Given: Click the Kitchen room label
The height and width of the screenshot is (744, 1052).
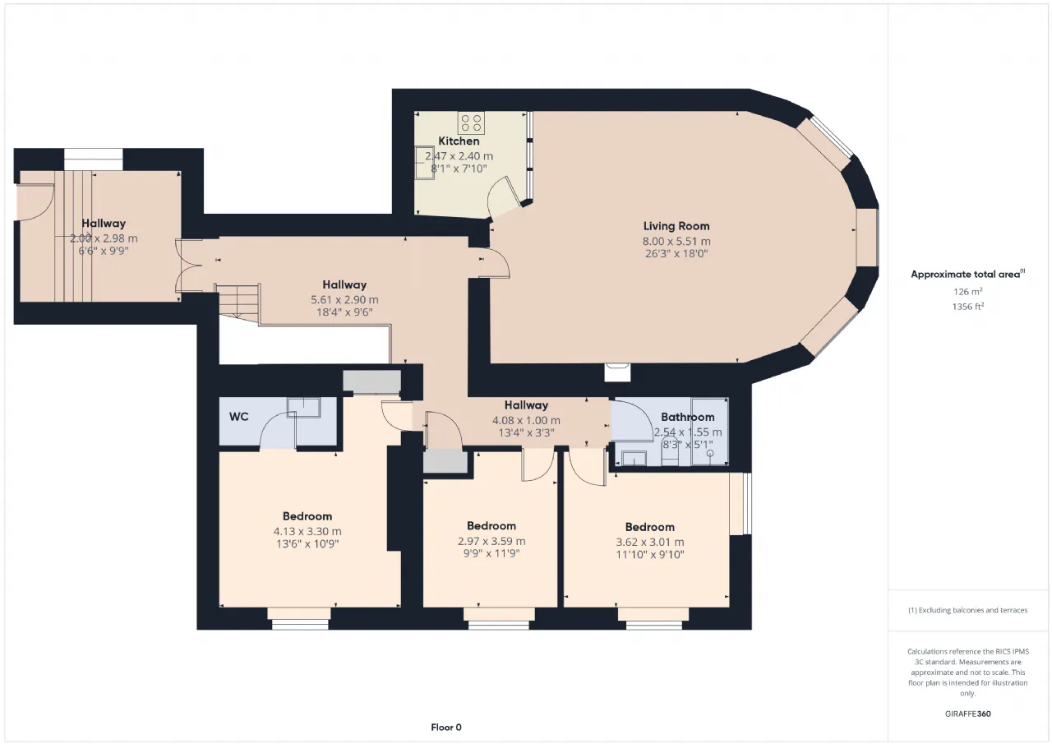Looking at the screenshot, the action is pyautogui.click(x=459, y=141).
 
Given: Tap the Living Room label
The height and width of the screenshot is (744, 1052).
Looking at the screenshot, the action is pyautogui.click(x=676, y=226).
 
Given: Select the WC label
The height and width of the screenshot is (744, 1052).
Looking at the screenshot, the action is pyautogui.click(x=239, y=417).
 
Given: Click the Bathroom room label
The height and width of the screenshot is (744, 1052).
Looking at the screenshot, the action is pyautogui.click(x=688, y=417).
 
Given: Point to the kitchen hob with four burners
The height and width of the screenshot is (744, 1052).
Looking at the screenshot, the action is pyautogui.click(x=471, y=123).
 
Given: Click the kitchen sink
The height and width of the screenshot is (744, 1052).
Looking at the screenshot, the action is pyautogui.click(x=425, y=163).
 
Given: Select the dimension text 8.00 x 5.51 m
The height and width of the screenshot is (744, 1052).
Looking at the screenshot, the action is pyautogui.click(x=676, y=242).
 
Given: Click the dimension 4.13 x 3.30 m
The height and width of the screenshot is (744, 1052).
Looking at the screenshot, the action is pyautogui.click(x=307, y=531).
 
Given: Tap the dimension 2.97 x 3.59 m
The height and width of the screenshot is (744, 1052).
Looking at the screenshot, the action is pyautogui.click(x=491, y=541).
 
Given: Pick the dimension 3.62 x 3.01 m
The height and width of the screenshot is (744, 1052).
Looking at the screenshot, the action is pyautogui.click(x=650, y=542).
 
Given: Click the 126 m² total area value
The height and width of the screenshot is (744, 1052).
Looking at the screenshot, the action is pyautogui.click(x=968, y=291).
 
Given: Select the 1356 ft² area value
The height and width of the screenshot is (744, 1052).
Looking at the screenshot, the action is pyautogui.click(x=968, y=307).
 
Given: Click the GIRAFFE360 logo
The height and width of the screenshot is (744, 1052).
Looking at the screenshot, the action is pyautogui.click(x=968, y=714).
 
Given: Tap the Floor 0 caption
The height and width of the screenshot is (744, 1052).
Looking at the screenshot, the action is pyautogui.click(x=446, y=727).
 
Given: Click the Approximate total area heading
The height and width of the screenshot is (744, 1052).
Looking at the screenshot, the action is pyautogui.click(x=968, y=275).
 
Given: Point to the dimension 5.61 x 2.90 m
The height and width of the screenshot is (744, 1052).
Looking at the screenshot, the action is pyautogui.click(x=344, y=300).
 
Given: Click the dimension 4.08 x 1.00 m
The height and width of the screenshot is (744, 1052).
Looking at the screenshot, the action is pyautogui.click(x=526, y=420).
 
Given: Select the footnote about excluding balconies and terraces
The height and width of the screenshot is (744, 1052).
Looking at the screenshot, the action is pyautogui.click(x=968, y=610).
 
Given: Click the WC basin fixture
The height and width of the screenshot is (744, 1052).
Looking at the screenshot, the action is pyautogui.click(x=304, y=407).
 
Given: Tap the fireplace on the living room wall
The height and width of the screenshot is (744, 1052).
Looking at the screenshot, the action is pyautogui.click(x=617, y=372).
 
